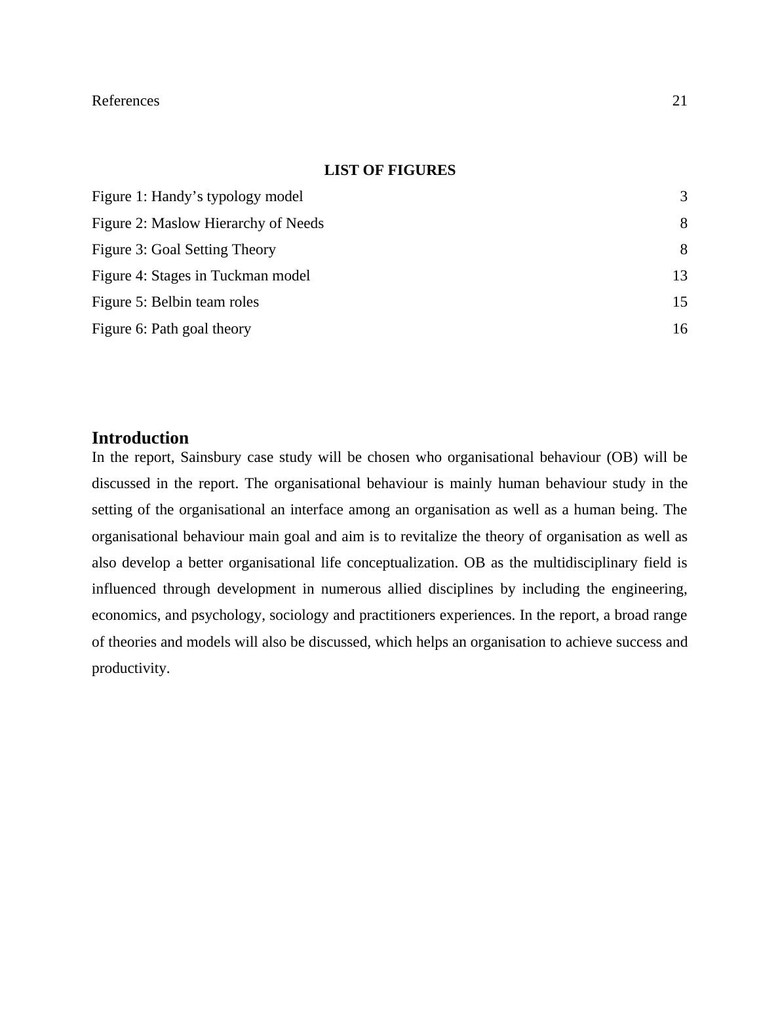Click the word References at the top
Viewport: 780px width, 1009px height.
(125, 101)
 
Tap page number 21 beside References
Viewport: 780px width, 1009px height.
(680, 101)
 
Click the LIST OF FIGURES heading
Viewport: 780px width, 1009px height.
(389, 170)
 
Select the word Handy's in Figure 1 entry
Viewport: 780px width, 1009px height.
(174, 197)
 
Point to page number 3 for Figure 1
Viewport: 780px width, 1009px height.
(684, 197)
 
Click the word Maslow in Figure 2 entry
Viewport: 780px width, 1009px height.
(176, 223)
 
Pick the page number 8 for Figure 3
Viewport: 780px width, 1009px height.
(684, 250)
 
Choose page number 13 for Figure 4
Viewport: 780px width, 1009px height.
(680, 276)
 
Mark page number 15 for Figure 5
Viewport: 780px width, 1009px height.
(680, 302)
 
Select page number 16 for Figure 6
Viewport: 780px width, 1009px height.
(680, 329)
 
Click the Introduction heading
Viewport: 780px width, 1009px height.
(140, 438)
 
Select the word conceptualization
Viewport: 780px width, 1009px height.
(401, 563)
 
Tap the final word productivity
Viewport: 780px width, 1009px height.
(130, 668)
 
